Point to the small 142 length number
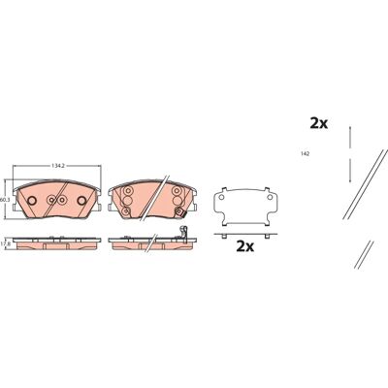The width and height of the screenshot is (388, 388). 305,154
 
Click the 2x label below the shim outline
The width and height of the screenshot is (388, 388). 245,246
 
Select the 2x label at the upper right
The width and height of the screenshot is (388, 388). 319,123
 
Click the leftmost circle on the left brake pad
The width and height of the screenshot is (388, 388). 32,201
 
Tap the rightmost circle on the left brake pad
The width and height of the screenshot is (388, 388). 81,201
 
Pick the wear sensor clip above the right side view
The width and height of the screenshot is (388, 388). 183,233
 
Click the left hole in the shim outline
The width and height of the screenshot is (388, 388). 222,197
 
